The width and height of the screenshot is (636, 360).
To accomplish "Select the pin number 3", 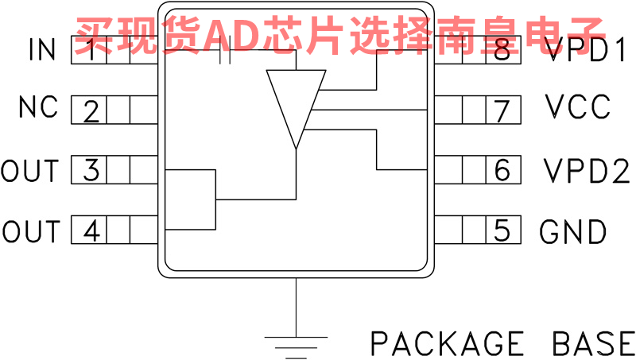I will click(x=91, y=171).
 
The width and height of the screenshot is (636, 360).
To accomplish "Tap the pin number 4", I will click(x=91, y=231).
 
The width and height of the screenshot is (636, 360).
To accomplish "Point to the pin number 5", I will click(x=502, y=231).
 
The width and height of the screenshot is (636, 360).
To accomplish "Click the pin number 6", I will click(x=502, y=171).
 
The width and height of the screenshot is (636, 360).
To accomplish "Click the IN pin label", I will click(x=42, y=51).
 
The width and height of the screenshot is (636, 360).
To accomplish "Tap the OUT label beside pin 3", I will click(x=30, y=171).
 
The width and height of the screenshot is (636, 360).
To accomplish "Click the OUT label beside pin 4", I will click(x=30, y=231).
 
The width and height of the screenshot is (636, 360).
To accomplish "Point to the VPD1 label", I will click(x=586, y=51).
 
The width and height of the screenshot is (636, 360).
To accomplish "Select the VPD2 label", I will click(x=587, y=171).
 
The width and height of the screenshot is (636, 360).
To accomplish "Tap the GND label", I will click(x=573, y=231).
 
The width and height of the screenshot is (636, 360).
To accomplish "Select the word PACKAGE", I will click(x=448, y=343).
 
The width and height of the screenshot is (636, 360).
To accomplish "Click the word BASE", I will click(x=592, y=343).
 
